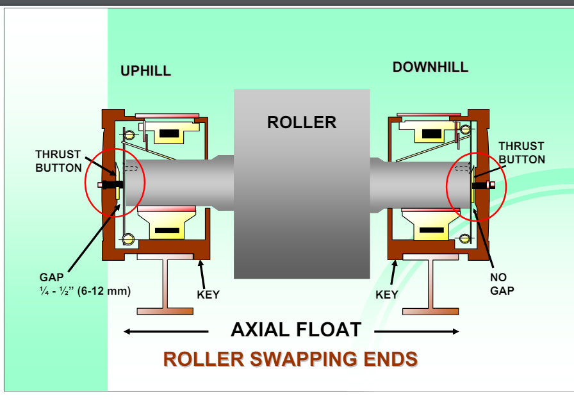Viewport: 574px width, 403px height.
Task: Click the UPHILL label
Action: coord(145,71)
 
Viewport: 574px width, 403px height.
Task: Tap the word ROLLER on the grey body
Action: coord(301,122)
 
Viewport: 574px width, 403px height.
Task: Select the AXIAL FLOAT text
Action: coord(295,330)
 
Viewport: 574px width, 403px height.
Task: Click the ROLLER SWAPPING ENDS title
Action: coord(290,359)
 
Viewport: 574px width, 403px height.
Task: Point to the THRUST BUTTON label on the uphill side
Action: coord(58,161)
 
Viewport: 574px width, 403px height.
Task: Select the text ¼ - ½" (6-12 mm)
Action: coord(85,291)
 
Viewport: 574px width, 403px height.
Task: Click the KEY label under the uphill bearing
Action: coord(208,295)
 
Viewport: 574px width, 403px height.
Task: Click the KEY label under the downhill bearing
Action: coord(386,295)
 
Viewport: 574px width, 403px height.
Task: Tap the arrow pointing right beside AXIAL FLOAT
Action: coord(416,331)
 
